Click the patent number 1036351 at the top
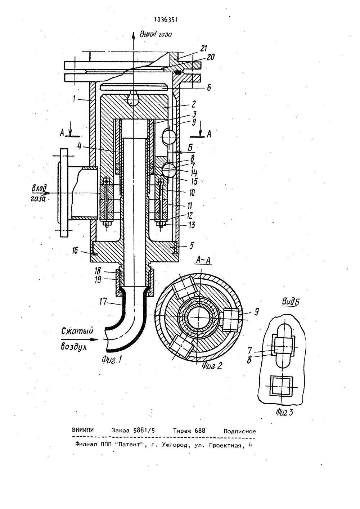[x=166, y=20]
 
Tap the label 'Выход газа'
[x=156, y=34]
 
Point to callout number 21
[x=204, y=48]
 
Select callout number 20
[x=210, y=57]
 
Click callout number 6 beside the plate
[x=209, y=87]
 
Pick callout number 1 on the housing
[x=74, y=99]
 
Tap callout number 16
[x=75, y=251]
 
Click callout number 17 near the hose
[x=103, y=302]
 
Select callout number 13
[x=192, y=225]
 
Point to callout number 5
[x=192, y=246]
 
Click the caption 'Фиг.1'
[x=112, y=359]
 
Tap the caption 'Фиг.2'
[x=212, y=366]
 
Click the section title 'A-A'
[x=203, y=260]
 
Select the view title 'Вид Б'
[x=291, y=302]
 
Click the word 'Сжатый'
[x=77, y=332]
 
